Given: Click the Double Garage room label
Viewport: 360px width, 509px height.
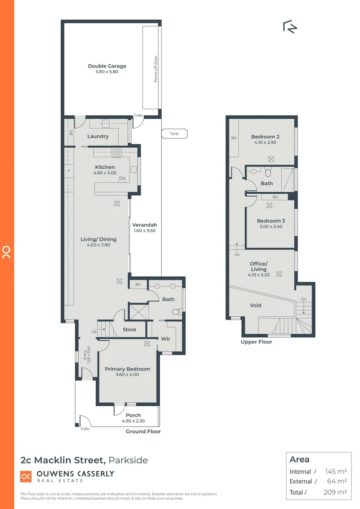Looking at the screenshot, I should coord(107,66).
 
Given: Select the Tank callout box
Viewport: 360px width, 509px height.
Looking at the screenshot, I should coord(174,134).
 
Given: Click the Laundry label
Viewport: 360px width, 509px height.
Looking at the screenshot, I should coord(98,136).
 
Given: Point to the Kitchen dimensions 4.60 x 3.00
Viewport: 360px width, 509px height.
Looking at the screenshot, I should coord(105,173).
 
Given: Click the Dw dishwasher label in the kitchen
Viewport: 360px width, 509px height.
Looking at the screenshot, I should coord(122,178).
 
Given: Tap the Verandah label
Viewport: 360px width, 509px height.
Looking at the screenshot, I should coord(145,225).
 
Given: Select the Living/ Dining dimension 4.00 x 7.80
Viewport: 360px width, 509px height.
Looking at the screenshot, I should coord(98,245).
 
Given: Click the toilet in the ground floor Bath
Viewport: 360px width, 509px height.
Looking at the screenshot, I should coord(176,312).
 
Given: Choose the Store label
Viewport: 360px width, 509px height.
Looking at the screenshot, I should coord(129,329).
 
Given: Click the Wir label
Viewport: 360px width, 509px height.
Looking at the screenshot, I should coord(165,338).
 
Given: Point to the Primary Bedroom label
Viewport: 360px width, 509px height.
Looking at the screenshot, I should coord(127,369).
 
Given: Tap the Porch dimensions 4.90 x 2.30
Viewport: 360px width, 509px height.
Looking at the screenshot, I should coord(133,421).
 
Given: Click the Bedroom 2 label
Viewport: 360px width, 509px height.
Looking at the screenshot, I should coord(265,137).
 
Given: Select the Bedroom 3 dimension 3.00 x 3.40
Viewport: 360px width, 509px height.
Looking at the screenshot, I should coord(270,226).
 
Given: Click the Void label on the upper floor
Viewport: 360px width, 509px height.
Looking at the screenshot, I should coord(255,305).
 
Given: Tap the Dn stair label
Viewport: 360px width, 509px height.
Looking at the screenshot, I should coord(303,300).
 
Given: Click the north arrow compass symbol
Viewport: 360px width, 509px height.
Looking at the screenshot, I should coord(290,27).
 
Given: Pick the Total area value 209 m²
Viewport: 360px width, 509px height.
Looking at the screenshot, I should coord(336,492).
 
